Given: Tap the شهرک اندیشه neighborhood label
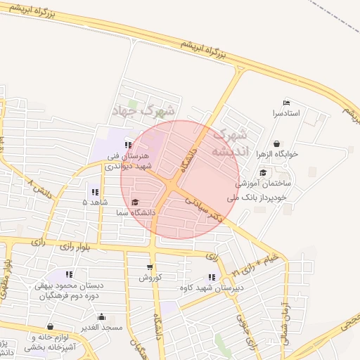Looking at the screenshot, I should [231, 142].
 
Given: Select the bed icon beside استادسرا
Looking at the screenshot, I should [285, 103].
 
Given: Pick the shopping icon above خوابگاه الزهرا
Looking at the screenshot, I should [276, 143].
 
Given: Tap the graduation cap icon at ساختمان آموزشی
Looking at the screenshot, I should [263, 173].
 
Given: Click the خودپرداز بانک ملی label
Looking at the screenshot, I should [262, 198].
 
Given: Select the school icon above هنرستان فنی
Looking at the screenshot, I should [128, 145].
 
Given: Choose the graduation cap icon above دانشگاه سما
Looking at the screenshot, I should [135, 202].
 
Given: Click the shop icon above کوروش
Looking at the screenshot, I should [149, 267].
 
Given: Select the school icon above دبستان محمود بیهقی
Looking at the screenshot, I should [70, 274].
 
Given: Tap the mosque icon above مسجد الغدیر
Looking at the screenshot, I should [103, 317].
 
